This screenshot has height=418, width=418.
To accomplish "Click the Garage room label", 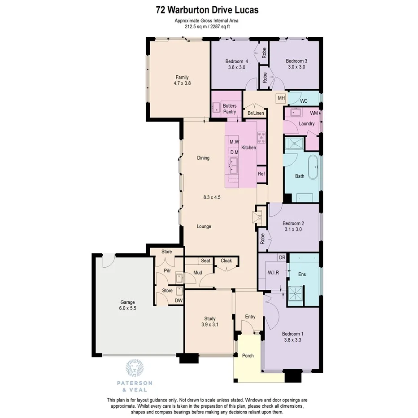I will (x=127, y=302).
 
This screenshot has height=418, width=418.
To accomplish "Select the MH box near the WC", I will (x=281, y=98).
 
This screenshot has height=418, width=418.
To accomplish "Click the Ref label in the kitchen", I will (x=261, y=174).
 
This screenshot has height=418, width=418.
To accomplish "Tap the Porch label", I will (x=248, y=356).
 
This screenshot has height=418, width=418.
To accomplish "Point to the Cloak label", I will (x=226, y=261).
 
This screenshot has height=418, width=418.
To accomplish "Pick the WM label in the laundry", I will (x=313, y=113).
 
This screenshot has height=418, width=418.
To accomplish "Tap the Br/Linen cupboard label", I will (x=256, y=113).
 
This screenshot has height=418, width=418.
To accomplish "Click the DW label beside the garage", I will (x=179, y=300).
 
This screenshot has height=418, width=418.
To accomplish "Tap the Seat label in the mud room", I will (x=205, y=261).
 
